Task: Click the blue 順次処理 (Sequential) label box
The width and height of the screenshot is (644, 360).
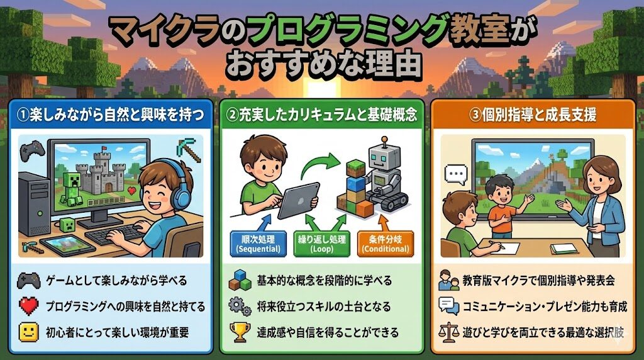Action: (258, 244)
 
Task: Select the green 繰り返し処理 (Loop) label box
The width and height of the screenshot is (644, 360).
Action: (321, 244)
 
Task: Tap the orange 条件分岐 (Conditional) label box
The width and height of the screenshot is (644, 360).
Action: (386, 244)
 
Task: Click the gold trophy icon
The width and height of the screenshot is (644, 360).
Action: (240, 332)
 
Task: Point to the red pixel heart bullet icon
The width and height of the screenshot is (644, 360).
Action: (29, 306)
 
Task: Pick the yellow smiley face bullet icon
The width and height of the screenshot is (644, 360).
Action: (29, 332)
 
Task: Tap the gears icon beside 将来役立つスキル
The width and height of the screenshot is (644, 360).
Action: (240, 307)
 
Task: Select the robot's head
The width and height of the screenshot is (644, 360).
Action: (384, 158)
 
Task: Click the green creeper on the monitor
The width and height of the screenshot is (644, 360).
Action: (72, 188)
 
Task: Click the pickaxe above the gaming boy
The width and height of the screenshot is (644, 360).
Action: (189, 150)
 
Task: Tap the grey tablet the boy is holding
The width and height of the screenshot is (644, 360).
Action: (299, 200)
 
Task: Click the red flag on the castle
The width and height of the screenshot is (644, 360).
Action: (104, 148)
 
